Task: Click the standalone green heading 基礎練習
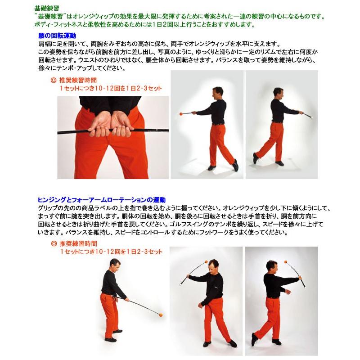tap(46, 8)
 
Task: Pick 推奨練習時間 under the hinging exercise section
tap(78, 244)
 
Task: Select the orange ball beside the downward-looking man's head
tap(206, 261)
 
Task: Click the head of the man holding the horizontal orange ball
tap(217, 93)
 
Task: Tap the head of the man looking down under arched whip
tap(214, 266)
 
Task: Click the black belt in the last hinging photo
tap(272, 297)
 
